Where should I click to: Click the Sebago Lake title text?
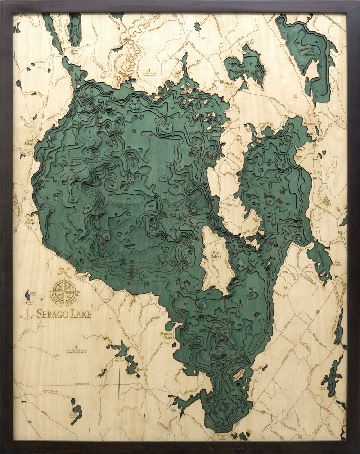coord(64,314)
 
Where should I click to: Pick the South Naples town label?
coord(75,53)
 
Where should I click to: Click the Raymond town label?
coord(310,123)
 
